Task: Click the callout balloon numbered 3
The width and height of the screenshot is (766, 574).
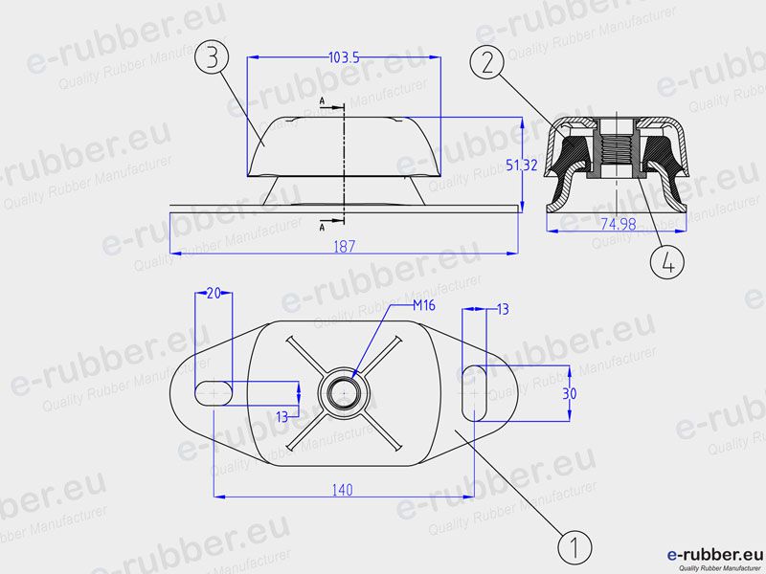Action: pyautogui.click(x=212, y=57)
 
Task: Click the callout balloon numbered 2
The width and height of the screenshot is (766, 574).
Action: pyautogui.click(x=487, y=61)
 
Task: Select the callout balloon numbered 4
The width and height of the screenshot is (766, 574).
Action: pyautogui.click(x=667, y=262)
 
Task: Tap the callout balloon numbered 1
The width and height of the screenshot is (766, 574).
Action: pyautogui.click(x=574, y=546)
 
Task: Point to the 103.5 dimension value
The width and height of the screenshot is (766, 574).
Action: pyautogui.click(x=344, y=57)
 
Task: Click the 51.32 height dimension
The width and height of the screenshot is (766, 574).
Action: pyautogui.click(x=521, y=165)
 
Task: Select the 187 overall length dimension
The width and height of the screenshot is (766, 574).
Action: pyautogui.click(x=345, y=247)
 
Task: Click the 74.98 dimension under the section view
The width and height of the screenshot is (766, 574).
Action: pyautogui.click(x=618, y=224)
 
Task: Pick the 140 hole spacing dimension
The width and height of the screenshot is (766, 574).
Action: pyautogui.click(x=342, y=490)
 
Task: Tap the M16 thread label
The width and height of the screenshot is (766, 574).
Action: pyautogui.click(x=423, y=305)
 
